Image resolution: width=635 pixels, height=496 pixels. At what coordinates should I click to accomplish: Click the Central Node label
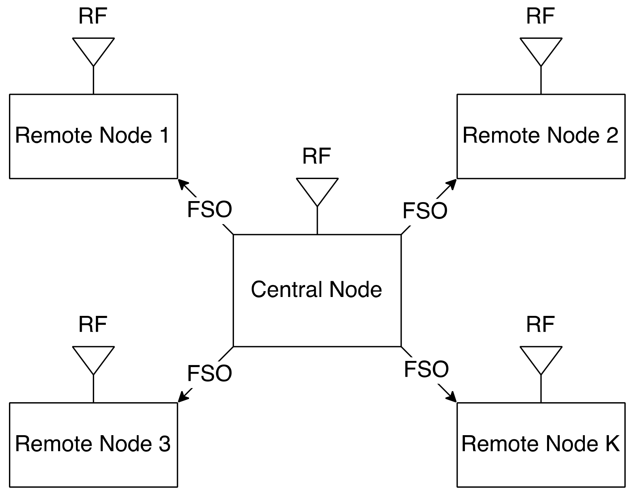pos(316,289)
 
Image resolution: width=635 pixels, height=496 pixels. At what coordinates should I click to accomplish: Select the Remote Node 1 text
pos(92,135)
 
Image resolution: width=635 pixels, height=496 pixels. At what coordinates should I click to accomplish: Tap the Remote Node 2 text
pos(541,135)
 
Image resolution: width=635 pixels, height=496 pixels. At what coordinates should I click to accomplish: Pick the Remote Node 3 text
pos(93,444)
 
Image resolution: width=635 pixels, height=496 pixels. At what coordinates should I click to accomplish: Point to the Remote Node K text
pos(541,444)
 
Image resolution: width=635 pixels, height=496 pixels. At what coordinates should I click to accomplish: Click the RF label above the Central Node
pos(316,156)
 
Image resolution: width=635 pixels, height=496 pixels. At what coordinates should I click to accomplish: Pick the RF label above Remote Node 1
pos(93,16)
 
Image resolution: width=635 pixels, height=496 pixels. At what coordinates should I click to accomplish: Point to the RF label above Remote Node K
pos(541,324)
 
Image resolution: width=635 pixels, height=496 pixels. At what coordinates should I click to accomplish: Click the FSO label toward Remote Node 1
pos(210,209)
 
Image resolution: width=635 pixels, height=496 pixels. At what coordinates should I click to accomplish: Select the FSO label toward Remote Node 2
pos(425,211)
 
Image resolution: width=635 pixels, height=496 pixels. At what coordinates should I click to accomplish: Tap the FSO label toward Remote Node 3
pos(210,373)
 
